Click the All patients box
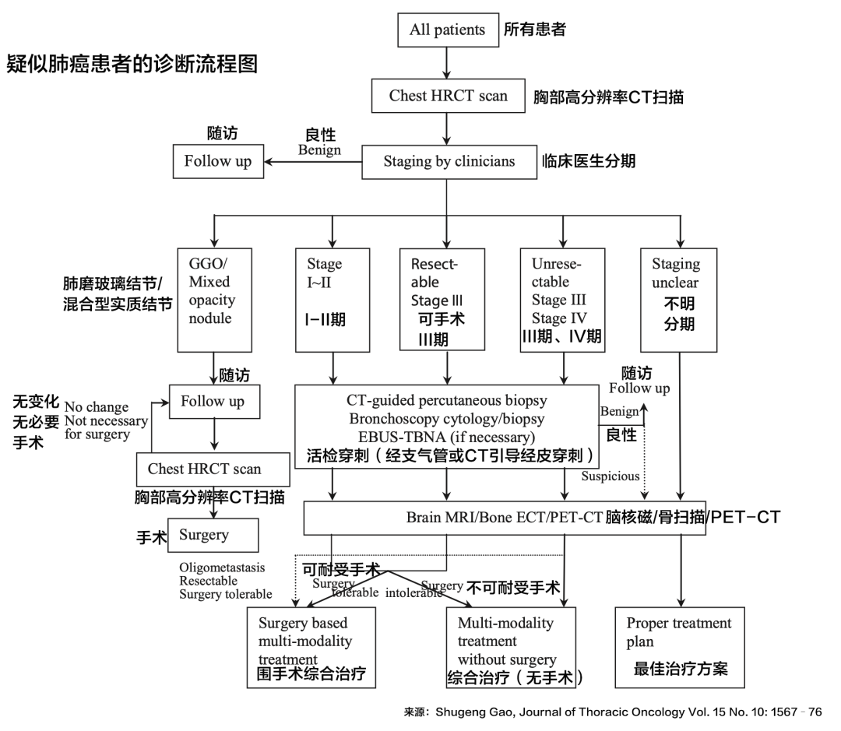click(447, 30)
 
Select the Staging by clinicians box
click(449, 162)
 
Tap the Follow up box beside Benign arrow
click(218, 162)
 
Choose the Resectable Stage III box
click(446, 299)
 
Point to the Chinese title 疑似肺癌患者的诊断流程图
click(132, 63)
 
